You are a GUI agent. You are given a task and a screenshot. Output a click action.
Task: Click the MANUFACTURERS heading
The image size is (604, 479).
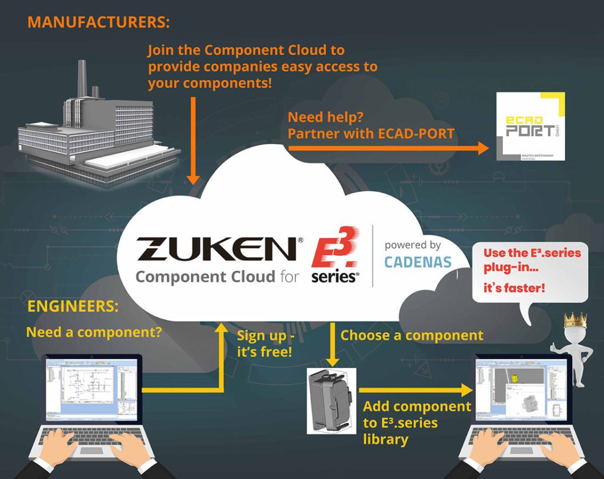click(99, 22)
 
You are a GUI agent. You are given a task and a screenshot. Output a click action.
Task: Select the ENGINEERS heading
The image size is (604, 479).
click(72, 307)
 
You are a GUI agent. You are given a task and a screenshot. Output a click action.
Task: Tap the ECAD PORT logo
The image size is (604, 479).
click(530, 126)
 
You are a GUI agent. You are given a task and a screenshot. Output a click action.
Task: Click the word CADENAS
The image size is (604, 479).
click(418, 261)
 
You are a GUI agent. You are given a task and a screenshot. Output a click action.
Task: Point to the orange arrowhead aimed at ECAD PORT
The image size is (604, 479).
click(482, 148)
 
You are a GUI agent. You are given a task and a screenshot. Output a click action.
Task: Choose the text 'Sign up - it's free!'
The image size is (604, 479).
click(267, 344)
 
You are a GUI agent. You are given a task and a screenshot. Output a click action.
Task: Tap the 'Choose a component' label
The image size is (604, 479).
click(412, 335)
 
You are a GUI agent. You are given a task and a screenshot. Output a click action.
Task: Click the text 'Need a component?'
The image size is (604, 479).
click(94, 332)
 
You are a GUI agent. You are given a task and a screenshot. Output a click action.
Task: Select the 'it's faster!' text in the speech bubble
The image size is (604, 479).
click(514, 289)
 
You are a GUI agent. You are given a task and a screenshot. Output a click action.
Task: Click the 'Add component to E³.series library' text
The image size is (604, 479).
click(416, 422)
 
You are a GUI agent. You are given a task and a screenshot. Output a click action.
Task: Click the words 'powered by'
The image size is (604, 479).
click(412, 245)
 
